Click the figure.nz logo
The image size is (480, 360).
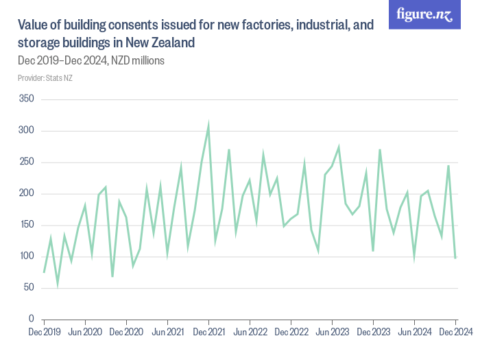point(424,14)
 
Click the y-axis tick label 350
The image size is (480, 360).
point(26,99)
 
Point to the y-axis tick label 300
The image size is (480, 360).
point(26,131)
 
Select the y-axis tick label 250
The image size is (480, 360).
point(26,163)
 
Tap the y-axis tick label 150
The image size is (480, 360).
point(26,225)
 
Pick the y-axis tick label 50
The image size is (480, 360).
point(28,288)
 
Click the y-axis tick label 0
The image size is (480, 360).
point(31,320)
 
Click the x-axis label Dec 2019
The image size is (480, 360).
point(44,333)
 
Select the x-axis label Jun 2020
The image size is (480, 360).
point(85,333)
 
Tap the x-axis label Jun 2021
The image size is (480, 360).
point(167,333)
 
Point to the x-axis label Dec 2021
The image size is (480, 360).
point(208,333)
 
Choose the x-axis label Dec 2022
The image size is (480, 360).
point(291,333)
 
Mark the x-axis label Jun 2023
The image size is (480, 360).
point(332,333)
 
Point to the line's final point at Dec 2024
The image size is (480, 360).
point(455,258)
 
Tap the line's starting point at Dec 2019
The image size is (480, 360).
point(44,272)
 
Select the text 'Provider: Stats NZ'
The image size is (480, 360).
point(45,78)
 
